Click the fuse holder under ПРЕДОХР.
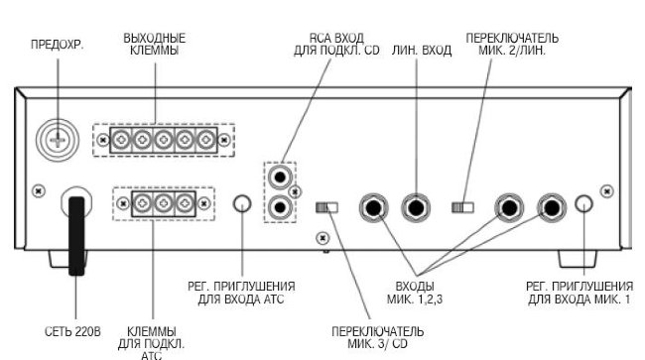click(58, 141)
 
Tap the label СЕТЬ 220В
click(72, 331)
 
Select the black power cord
click(76, 236)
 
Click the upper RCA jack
click(280, 178)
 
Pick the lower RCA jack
click(280, 207)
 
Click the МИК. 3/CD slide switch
click(326, 207)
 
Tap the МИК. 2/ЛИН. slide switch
click(462, 207)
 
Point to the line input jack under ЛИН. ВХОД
click(416, 207)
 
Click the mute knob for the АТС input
click(242, 204)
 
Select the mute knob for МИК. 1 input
click(584, 204)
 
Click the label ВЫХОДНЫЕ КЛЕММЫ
click(155, 45)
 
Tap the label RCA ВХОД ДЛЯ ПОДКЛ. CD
click(336, 45)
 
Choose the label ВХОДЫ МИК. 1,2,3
click(415, 293)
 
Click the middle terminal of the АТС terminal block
click(164, 203)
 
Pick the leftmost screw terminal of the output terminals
click(121, 141)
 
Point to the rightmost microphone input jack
click(552, 207)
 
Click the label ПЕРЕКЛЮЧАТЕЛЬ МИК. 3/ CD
click(378, 337)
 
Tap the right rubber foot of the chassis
click(578, 259)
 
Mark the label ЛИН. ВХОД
click(422, 51)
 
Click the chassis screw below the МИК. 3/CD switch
click(322, 238)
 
